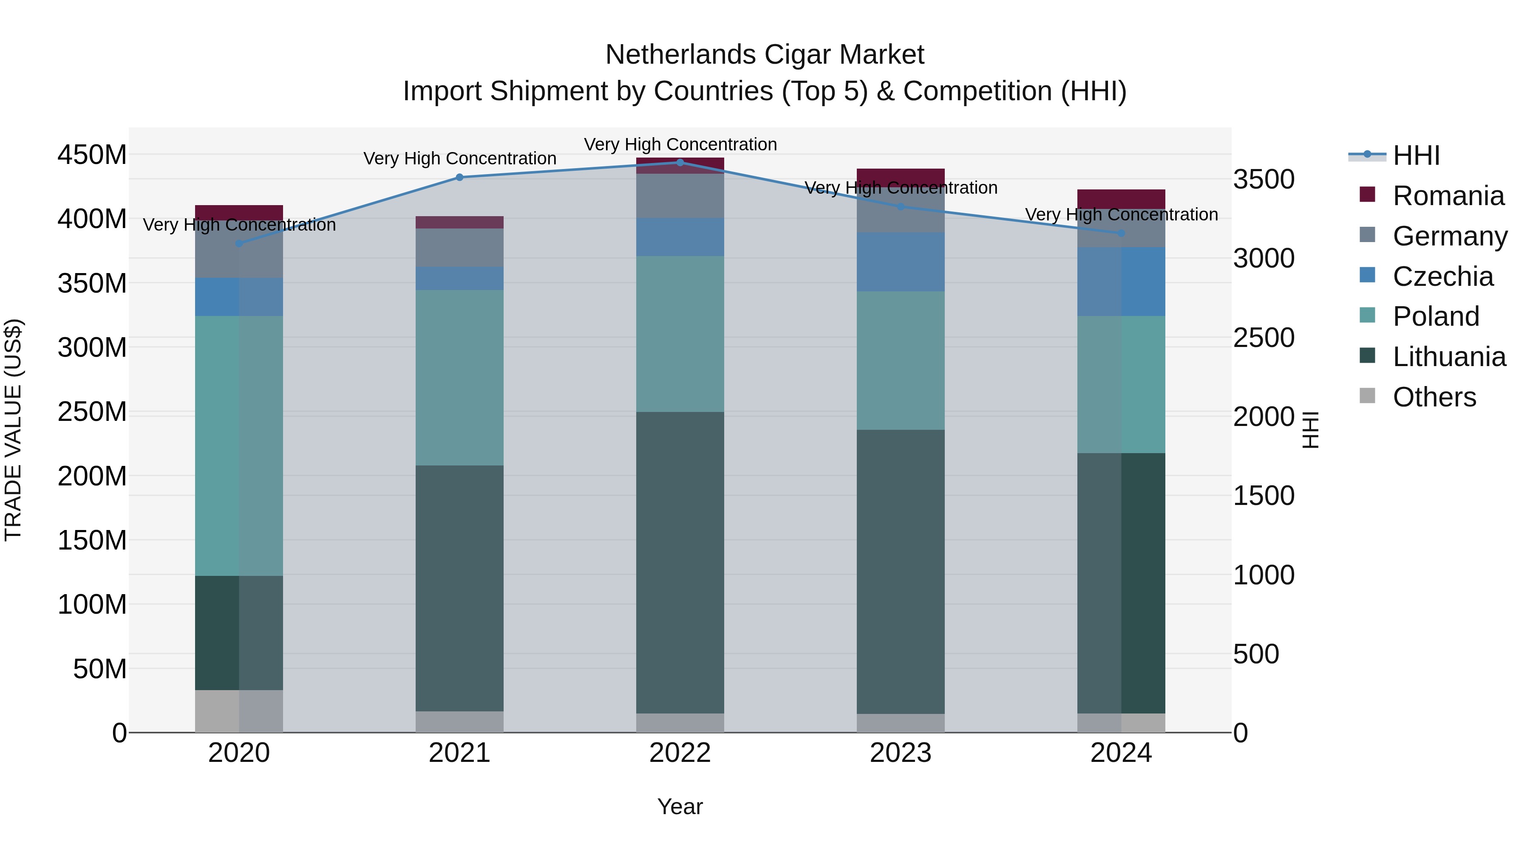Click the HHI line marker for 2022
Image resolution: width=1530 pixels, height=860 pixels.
[x=680, y=162]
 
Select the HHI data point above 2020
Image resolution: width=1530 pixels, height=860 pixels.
[x=239, y=243]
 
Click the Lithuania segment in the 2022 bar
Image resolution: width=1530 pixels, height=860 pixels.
[x=680, y=563]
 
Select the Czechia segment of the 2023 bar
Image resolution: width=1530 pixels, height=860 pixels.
[x=901, y=262]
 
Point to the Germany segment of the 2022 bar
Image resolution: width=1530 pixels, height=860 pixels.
[x=680, y=196]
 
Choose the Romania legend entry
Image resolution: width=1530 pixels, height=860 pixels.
[x=1448, y=196]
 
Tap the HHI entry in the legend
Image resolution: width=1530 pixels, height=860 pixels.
[x=1416, y=155]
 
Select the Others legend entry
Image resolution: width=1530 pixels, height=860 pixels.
[x=1434, y=397]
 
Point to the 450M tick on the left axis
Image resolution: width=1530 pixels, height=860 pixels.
[x=92, y=155]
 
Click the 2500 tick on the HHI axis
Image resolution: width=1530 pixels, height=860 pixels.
[x=1264, y=338]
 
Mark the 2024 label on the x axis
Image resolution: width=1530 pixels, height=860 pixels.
[x=1121, y=753]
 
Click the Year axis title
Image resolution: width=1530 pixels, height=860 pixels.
[x=680, y=806]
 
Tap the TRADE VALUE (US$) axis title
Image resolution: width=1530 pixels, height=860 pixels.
[x=13, y=430]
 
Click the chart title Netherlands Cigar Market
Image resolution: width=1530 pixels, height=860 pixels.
[x=765, y=55]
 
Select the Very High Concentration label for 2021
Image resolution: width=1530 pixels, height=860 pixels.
[x=460, y=158]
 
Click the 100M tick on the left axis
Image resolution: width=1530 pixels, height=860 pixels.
[x=92, y=604]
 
